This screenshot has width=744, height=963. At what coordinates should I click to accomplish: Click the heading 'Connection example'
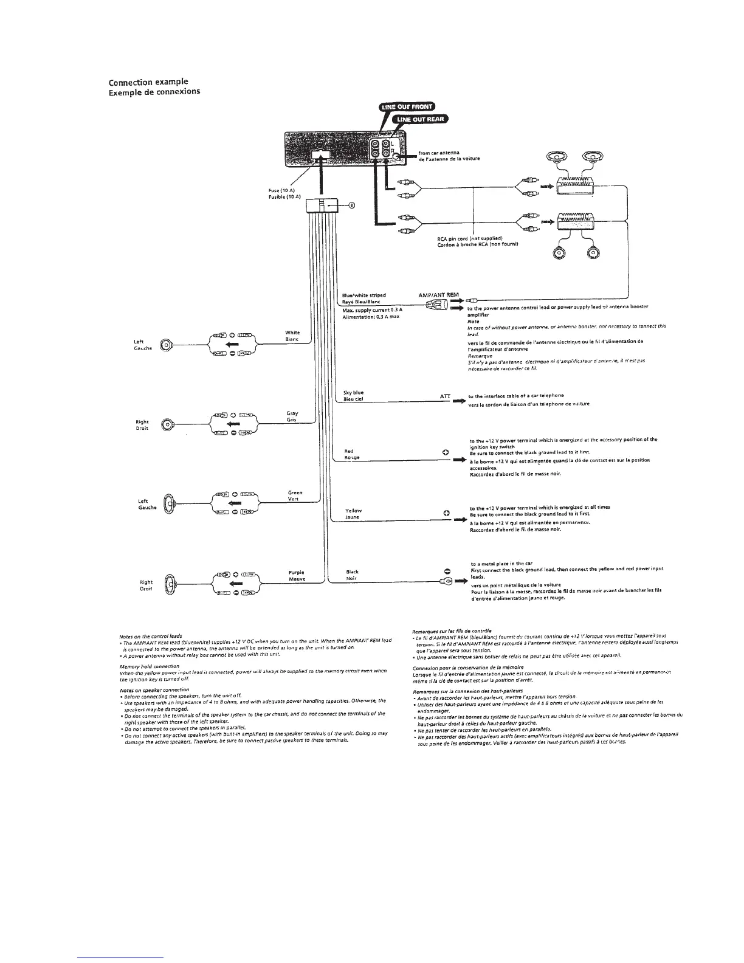tap(148, 82)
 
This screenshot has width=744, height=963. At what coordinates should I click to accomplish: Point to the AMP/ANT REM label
tap(439, 295)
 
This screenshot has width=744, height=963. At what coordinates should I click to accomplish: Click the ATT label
tap(444, 396)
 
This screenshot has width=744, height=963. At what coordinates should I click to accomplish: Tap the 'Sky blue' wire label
tap(353, 393)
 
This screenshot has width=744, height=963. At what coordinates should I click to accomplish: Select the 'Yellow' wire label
tap(353, 510)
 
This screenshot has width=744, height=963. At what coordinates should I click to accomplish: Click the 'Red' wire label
tap(349, 451)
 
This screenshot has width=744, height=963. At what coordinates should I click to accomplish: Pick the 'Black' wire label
tap(352, 571)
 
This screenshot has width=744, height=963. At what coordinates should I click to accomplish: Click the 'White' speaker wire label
tap(292, 333)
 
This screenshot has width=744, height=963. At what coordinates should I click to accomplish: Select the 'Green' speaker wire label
tap(295, 492)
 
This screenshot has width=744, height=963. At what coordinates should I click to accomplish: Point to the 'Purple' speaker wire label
tap(296, 572)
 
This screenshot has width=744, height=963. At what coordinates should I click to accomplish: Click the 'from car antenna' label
tap(439, 152)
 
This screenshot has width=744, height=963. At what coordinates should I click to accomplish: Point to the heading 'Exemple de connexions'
tap(154, 92)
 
